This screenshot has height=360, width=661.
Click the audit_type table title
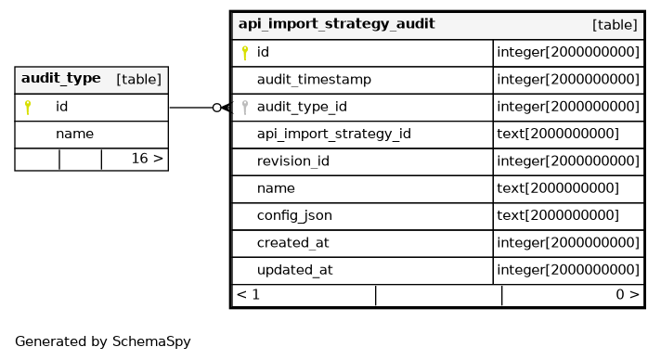coord(60,79)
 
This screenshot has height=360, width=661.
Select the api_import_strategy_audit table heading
coord(336,24)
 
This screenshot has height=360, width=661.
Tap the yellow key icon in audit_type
coord(28,107)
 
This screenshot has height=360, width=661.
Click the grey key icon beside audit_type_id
coord(244,107)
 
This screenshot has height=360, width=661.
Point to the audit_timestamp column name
coord(314,79)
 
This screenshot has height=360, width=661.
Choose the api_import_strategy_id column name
coord(334,134)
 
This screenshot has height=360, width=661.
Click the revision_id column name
coord(293,161)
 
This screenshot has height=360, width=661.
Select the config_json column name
coord(294,215)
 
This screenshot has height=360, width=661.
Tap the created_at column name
coord(293,243)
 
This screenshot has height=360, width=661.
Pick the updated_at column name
coord(294,270)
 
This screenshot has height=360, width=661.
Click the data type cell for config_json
coord(558,215)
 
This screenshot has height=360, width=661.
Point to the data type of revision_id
coord(568,161)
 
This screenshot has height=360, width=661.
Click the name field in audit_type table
coord(74,134)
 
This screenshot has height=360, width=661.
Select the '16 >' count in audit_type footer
coord(147,159)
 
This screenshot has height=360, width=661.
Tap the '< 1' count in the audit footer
coord(248,294)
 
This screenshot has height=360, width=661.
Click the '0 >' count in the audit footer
coord(628,294)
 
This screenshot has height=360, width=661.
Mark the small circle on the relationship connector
coord(216,108)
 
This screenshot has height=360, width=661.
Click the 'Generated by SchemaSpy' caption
coord(103,341)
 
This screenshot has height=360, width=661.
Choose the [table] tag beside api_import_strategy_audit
coord(615,25)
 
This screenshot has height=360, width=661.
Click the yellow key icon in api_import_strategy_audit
coord(244,53)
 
